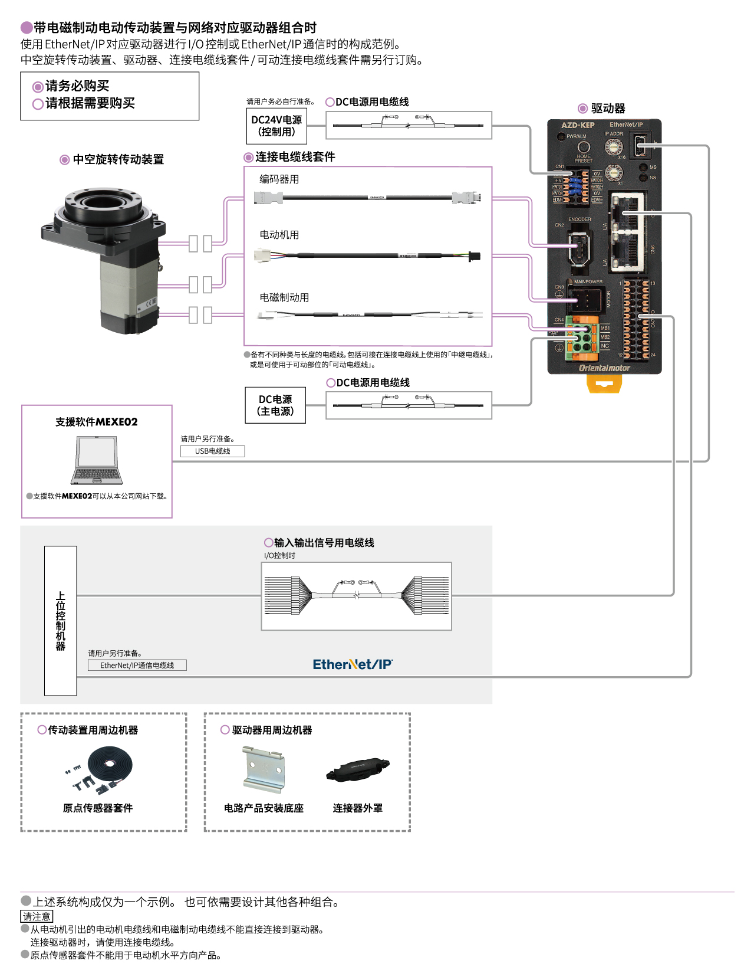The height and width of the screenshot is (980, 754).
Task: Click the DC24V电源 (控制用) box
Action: click(276, 126)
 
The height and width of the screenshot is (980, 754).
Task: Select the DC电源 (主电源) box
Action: click(275, 405)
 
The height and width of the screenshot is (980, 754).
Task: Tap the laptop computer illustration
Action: click(97, 460)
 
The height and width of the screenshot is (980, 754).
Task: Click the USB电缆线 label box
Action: click(212, 451)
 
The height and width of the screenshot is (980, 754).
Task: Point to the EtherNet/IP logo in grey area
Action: click(353, 664)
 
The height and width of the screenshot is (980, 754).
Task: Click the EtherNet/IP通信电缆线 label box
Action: click(137, 665)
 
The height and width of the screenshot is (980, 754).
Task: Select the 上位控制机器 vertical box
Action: click(61, 621)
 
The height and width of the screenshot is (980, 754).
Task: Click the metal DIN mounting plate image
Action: click(264, 769)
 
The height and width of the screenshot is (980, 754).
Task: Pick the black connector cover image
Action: click(357, 769)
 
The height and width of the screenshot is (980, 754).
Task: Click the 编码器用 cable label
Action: click(279, 179)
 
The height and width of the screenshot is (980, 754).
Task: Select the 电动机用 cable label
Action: click(279, 235)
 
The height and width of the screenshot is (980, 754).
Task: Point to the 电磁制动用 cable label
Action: click(284, 297)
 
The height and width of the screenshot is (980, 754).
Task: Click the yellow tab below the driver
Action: click(604, 384)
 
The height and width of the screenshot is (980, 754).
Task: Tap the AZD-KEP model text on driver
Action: click(578, 125)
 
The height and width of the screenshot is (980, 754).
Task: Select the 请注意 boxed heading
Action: click(37, 916)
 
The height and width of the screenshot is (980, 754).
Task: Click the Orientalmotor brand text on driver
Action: click(604, 368)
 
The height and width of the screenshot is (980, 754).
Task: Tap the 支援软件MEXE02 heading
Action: click(97, 422)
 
